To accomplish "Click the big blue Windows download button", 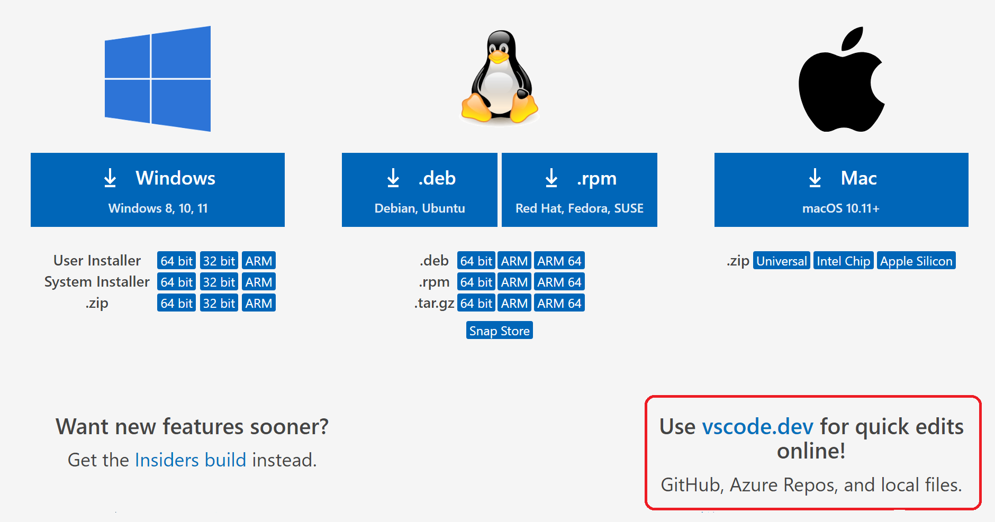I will [x=158, y=190].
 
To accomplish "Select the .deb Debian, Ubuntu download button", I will [x=420, y=190].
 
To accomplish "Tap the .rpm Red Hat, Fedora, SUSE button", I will [x=580, y=190].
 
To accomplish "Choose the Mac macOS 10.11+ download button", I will [x=841, y=190].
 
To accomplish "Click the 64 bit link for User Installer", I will [x=176, y=261].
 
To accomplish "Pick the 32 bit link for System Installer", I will [x=219, y=282].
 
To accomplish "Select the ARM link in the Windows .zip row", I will [x=259, y=303].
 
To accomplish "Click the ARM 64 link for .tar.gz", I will [x=559, y=303].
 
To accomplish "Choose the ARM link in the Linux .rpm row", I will [x=514, y=282].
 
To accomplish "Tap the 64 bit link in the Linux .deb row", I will [x=476, y=261].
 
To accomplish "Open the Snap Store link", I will [x=499, y=331].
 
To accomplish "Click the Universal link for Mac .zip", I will [x=781, y=261].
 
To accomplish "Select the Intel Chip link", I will [x=843, y=261].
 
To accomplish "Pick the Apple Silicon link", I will [x=916, y=261].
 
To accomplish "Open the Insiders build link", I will [x=191, y=460].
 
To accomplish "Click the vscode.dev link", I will [x=757, y=427].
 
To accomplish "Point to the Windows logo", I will [x=158, y=79].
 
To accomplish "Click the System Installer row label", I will [x=97, y=282].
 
